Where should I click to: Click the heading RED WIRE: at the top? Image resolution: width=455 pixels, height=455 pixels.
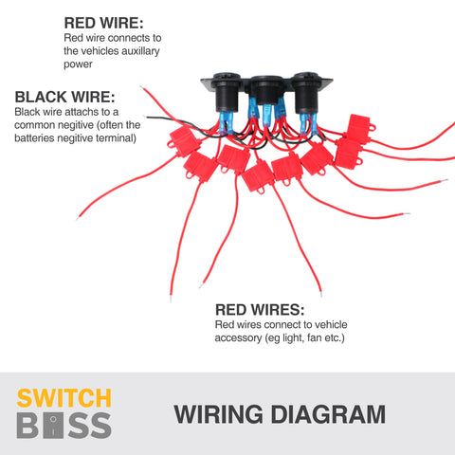pyautogui.click(x=103, y=23)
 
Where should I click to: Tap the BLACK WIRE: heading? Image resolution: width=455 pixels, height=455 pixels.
pyautogui.click(x=64, y=97)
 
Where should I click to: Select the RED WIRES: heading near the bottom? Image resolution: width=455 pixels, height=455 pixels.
pyautogui.click(x=260, y=310)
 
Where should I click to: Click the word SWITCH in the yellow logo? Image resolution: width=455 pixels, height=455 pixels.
pyautogui.click(x=64, y=398)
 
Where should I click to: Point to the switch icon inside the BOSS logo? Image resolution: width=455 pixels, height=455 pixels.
pyautogui.click(x=53, y=426)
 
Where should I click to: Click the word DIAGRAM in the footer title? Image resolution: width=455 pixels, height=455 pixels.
pyautogui.click(x=328, y=414)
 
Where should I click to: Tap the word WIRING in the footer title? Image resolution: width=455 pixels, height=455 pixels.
pyautogui.click(x=218, y=414)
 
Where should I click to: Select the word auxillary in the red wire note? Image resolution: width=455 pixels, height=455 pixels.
pyautogui.click(x=140, y=51)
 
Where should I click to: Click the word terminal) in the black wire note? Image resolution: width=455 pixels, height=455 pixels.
pyautogui.click(x=116, y=138)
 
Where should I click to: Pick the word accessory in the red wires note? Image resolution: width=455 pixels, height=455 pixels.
pyautogui.click(x=238, y=338)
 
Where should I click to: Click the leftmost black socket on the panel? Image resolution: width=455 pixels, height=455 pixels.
pyautogui.click(x=227, y=92)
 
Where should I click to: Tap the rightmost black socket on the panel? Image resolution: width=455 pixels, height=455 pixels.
pyautogui.click(x=306, y=92)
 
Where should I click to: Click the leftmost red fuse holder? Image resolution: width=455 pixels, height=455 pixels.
pyautogui.click(x=184, y=141)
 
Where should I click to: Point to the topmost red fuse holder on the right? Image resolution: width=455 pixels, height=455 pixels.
pyautogui.click(x=358, y=127)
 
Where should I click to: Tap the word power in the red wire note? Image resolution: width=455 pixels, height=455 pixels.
pyautogui.click(x=78, y=64)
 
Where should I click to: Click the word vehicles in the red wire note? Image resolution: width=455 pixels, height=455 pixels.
pyautogui.click(x=97, y=51)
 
